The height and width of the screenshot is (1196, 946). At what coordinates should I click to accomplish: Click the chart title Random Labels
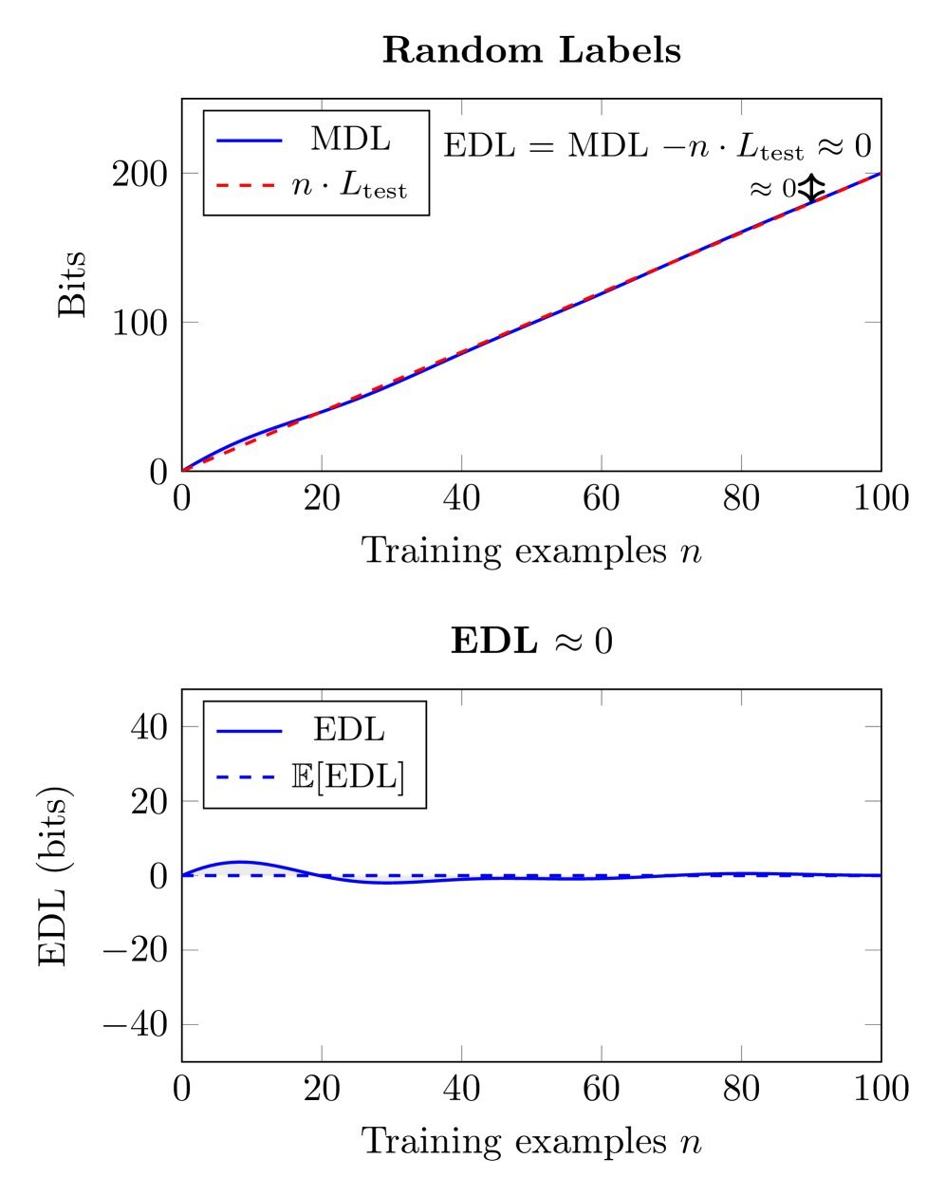coord(531,50)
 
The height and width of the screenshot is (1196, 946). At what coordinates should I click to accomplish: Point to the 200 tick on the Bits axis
coord(140,174)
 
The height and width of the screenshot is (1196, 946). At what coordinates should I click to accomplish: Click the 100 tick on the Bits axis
coord(140,323)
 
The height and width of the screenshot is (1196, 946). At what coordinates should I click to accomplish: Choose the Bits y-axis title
coord(72,284)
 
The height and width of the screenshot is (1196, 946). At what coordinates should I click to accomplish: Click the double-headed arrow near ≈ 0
coord(810,188)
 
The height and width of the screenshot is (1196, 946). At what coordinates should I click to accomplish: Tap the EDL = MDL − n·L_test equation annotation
coord(657,146)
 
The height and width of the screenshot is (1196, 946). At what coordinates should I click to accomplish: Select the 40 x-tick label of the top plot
coord(461,498)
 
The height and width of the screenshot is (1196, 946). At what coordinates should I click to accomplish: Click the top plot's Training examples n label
coord(531,550)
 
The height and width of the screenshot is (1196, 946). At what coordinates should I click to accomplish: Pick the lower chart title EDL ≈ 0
coord(531,641)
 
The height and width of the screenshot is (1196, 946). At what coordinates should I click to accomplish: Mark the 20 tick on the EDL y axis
coord(148,801)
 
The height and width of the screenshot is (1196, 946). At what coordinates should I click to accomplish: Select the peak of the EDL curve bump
coord(240,862)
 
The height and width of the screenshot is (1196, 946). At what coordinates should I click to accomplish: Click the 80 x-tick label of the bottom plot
coord(741,1089)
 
